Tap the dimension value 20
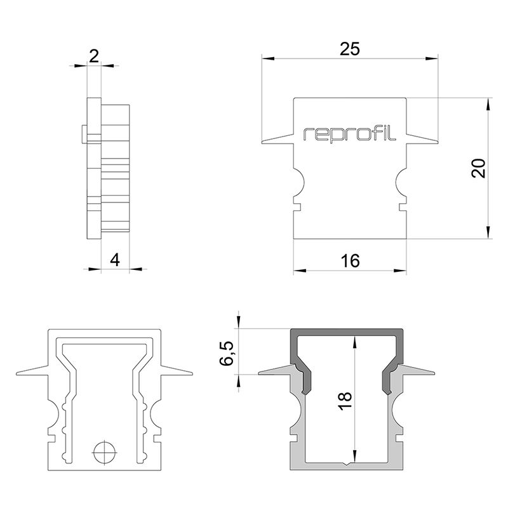(x=479, y=168)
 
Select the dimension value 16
(x=350, y=260)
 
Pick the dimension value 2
(x=93, y=56)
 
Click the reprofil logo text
(x=350, y=133)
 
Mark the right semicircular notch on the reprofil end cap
(x=400, y=183)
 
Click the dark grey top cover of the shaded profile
(x=347, y=334)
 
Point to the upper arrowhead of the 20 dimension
(x=488, y=104)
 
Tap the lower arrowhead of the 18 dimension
(x=354, y=459)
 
